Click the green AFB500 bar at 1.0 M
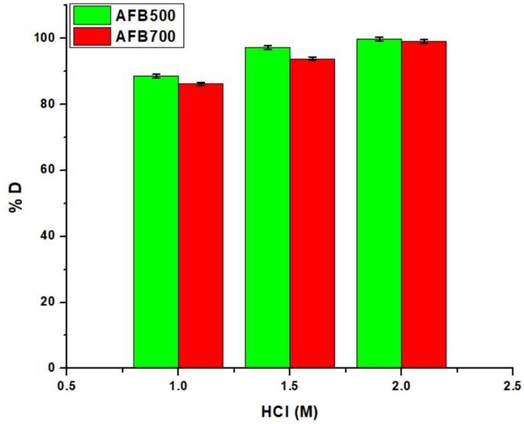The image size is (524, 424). [x=156, y=222]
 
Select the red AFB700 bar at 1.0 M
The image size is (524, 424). [x=200, y=226]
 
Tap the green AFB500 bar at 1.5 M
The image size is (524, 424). [x=268, y=207]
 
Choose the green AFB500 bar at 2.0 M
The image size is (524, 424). [x=379, y=204]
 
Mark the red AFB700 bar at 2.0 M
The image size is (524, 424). [x=424, y=205]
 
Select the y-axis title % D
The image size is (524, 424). [x=16, y=202]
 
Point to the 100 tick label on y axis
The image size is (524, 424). [x=47, y=38]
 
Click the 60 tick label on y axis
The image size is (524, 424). [x=50, y=170]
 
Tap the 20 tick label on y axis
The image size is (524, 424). [x=50, y=302]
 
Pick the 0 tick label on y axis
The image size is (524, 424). [x=54, y=368]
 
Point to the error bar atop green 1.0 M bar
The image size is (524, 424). [x=156, y=76]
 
